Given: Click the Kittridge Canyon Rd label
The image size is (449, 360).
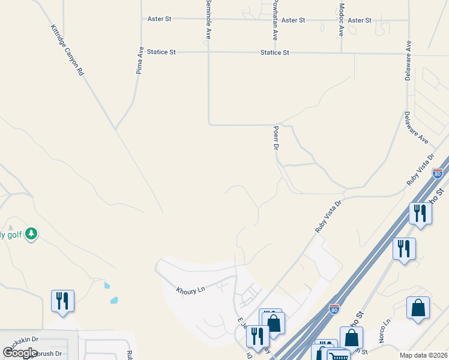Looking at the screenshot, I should [67, 50].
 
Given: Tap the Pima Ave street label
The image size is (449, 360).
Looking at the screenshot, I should [139, 61].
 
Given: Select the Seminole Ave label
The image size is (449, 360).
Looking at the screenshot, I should [208, 20].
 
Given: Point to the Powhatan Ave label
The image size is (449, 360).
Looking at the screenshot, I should [274, 20].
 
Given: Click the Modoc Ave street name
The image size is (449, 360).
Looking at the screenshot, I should [341, 20].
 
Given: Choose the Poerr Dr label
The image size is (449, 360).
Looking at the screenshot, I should [276, 138].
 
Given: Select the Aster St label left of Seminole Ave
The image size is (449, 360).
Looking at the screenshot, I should [160, 19].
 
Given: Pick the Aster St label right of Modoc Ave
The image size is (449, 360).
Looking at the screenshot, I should [360, 20].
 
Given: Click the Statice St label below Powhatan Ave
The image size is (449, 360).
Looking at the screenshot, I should [275, 53].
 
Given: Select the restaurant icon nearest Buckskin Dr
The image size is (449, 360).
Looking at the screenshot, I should [62, 301].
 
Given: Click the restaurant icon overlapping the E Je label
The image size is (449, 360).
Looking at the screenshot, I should [258, 337].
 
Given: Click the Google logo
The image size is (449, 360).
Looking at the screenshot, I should [20, 353].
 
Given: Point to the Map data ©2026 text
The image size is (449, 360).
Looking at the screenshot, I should [423, 355].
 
